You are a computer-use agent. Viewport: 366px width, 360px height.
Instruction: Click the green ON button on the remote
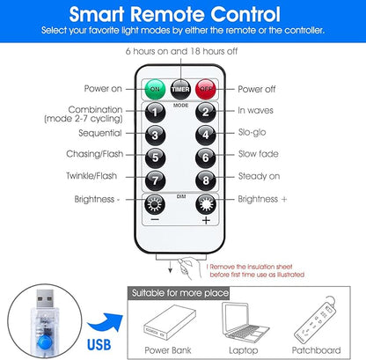point(155,89)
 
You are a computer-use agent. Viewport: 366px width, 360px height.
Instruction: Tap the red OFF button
point(206,89)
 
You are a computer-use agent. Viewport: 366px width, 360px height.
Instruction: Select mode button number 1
point(155,112)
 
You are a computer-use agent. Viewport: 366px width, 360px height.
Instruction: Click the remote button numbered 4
point(206,135)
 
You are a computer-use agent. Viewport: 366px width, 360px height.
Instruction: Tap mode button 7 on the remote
point(155,180)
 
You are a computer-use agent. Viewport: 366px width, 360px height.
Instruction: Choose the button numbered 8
point(206,180)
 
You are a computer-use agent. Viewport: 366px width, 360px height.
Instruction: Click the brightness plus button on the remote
point(206,204)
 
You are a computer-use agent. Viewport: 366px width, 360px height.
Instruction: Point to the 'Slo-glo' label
point(252,132)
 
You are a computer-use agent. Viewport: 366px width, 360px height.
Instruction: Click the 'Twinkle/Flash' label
point(91,176)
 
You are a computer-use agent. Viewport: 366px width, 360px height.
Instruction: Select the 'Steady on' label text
point(259,176)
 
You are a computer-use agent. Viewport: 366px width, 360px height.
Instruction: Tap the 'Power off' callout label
point(257,89)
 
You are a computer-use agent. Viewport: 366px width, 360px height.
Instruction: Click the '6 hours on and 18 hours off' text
point(181,51)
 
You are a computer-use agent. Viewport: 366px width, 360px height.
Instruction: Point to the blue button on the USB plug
point(45,343)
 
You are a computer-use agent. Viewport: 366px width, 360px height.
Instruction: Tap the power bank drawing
point(170,323)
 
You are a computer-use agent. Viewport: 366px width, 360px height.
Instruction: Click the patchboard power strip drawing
point(315,320)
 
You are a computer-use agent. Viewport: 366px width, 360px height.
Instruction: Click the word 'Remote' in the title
point(168,14)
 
